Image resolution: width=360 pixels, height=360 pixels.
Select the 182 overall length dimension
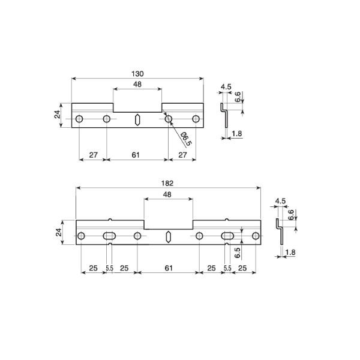pyautogui.click(x=168, y=183)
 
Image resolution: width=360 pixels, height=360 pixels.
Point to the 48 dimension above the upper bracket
pyautogui.click(x=137, y=85)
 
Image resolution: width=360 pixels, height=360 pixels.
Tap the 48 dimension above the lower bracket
pyautogui.click(x=168, y=195)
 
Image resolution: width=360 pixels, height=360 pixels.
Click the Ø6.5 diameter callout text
pyautogui.click(x=184, y=140)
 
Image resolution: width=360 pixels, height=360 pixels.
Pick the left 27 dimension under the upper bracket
pyautogui.click(x=93, y=155)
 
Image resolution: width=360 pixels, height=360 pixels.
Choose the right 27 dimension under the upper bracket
pyautogui.click(x=184, y=155)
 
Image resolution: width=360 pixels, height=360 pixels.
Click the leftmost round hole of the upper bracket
pyautogui.click(x=79, y=119)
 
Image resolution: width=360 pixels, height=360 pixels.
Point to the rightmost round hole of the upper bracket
pyautogui.click(x=196, y=119)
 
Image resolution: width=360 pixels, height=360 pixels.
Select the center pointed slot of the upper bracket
pyautogui.click(x=137, y=119)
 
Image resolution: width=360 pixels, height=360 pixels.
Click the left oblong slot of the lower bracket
pyautogui.click(x=110, y=236)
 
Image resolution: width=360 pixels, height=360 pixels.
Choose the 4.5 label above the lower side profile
pyautogui.click(x=280, y=201)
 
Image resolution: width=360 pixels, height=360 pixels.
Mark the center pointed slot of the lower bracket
pyautogui.click(x=169, y=236)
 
